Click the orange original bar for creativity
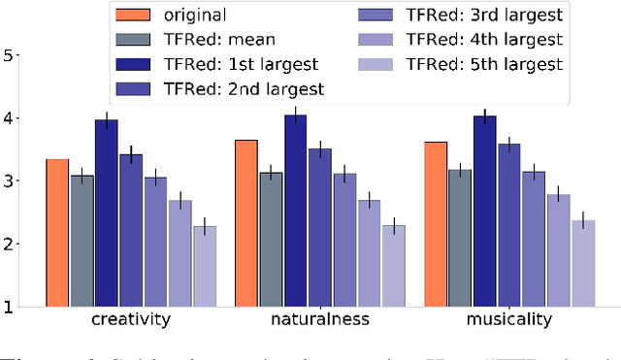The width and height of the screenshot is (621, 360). coord(57,233)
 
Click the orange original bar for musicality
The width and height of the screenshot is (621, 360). coord(436,224)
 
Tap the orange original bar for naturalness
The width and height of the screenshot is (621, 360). coord(246,223)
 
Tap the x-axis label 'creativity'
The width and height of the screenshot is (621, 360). coord(131,321)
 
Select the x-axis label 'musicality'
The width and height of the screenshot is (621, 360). coord(509,321)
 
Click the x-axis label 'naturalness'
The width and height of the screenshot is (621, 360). coord(320,321)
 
